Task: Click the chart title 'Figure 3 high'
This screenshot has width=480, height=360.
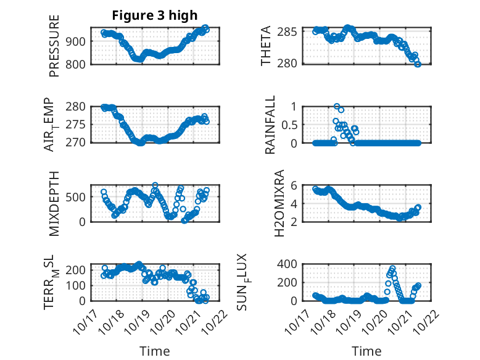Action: [154, 15]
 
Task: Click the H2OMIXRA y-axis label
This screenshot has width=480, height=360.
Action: [279, 204]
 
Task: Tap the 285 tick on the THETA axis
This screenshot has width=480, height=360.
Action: [291, 31]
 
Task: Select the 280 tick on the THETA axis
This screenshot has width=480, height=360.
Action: [291, 62]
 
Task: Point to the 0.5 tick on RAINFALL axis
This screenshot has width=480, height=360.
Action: [289, 124]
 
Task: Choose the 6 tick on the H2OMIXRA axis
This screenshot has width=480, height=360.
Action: [296, 185]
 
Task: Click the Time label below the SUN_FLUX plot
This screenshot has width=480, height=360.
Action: [366, 351]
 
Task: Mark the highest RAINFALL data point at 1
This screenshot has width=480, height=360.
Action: [336, 106]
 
